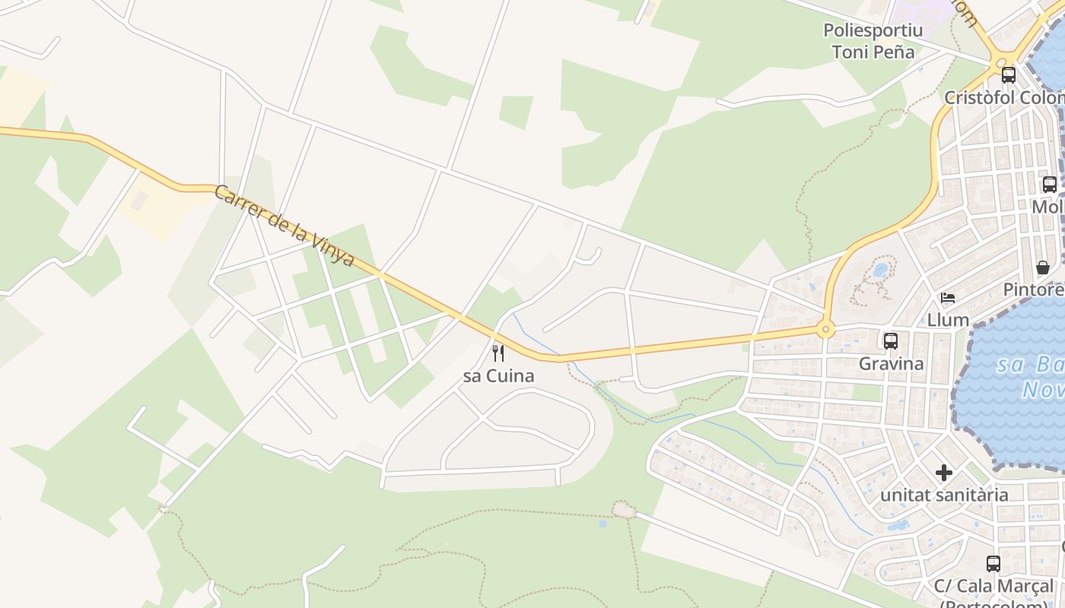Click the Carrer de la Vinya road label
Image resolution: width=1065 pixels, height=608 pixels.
[x=285, y=226]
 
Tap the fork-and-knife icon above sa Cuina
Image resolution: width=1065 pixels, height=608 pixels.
[x=498, y=353]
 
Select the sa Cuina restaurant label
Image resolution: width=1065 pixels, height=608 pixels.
[x=498, y=375]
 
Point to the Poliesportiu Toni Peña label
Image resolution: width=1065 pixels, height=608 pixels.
[x=873, y=41]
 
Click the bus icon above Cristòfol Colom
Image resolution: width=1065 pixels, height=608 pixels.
[x=1008, y=75]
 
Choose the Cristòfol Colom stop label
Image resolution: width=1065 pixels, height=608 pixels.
[x=1003, y=98]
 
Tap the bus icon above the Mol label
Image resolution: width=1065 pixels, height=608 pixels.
[x=1049, y=184]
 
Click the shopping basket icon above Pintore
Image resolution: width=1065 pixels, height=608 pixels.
[x=1043, y=268]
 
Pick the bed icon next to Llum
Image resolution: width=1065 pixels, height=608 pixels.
[x=948, y=297]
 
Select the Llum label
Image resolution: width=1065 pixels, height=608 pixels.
[x=948, y=320]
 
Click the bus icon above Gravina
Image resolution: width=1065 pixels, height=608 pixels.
[x=890, y=340]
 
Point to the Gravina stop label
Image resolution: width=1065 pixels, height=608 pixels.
[x=891, y=363]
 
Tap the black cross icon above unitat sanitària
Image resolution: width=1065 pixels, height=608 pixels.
[x=944, y=473]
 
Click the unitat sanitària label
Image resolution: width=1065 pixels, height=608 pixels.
[x=944, y=495]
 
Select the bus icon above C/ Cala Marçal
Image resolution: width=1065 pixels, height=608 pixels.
[x=993, y=563]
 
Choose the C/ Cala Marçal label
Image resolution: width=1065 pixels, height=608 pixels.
[x=994, y=587]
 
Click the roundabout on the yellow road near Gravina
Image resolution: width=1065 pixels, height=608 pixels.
[x=825, y=330]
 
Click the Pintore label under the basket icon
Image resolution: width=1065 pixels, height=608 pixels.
[x=1033, y=290]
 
